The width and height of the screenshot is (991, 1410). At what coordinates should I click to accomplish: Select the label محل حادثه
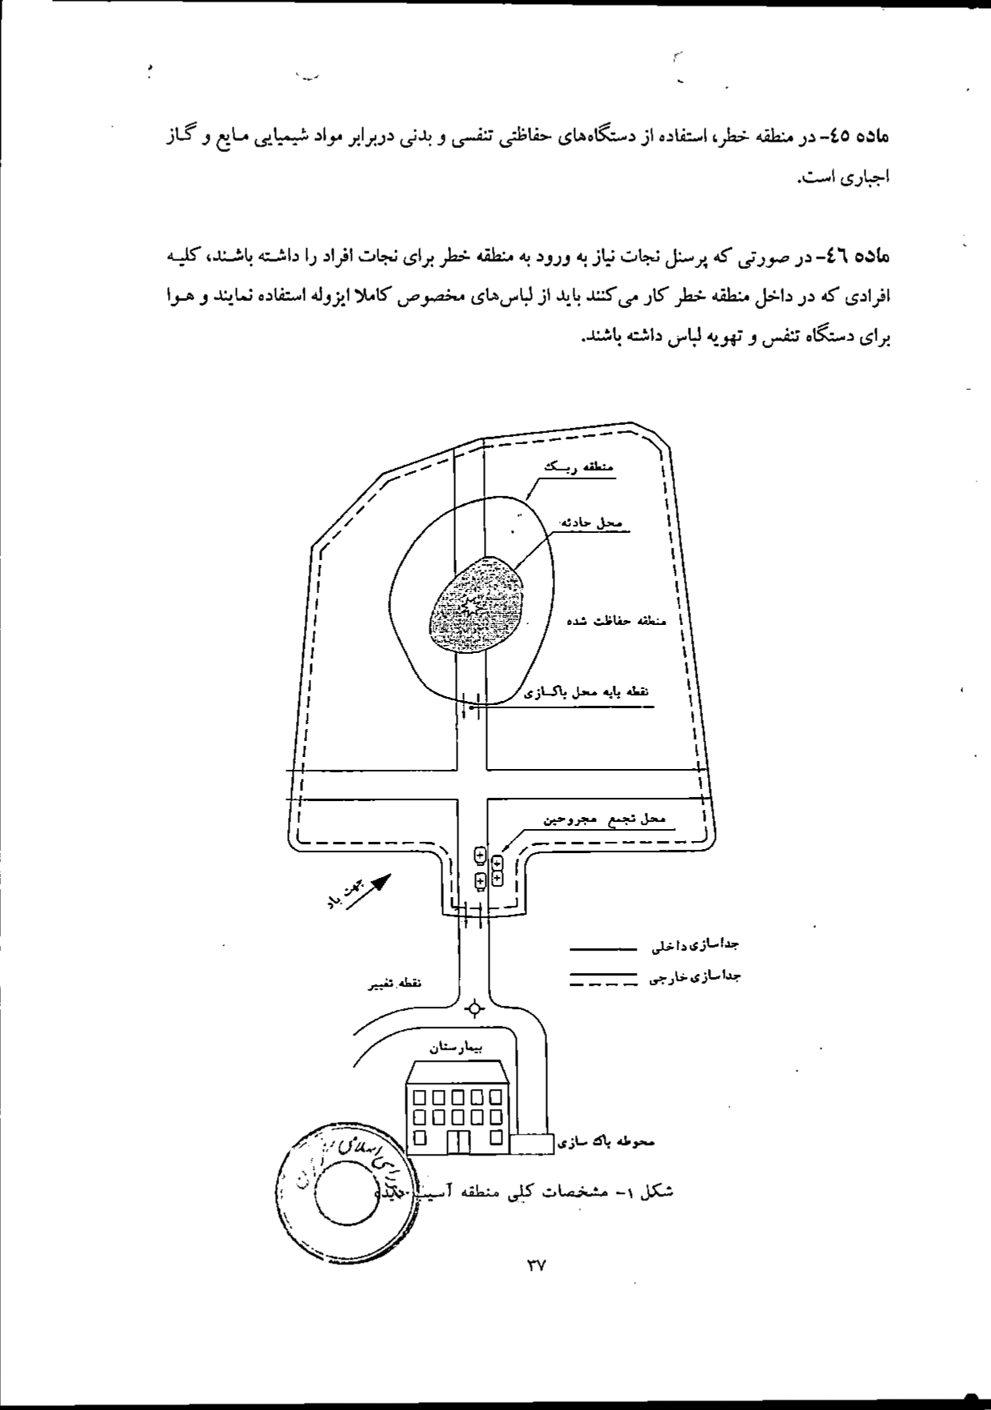pos(591,522)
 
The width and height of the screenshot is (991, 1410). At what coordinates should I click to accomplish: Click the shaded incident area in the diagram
pos(477,604)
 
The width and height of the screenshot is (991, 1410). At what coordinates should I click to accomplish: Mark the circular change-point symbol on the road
pos(476,1008)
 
